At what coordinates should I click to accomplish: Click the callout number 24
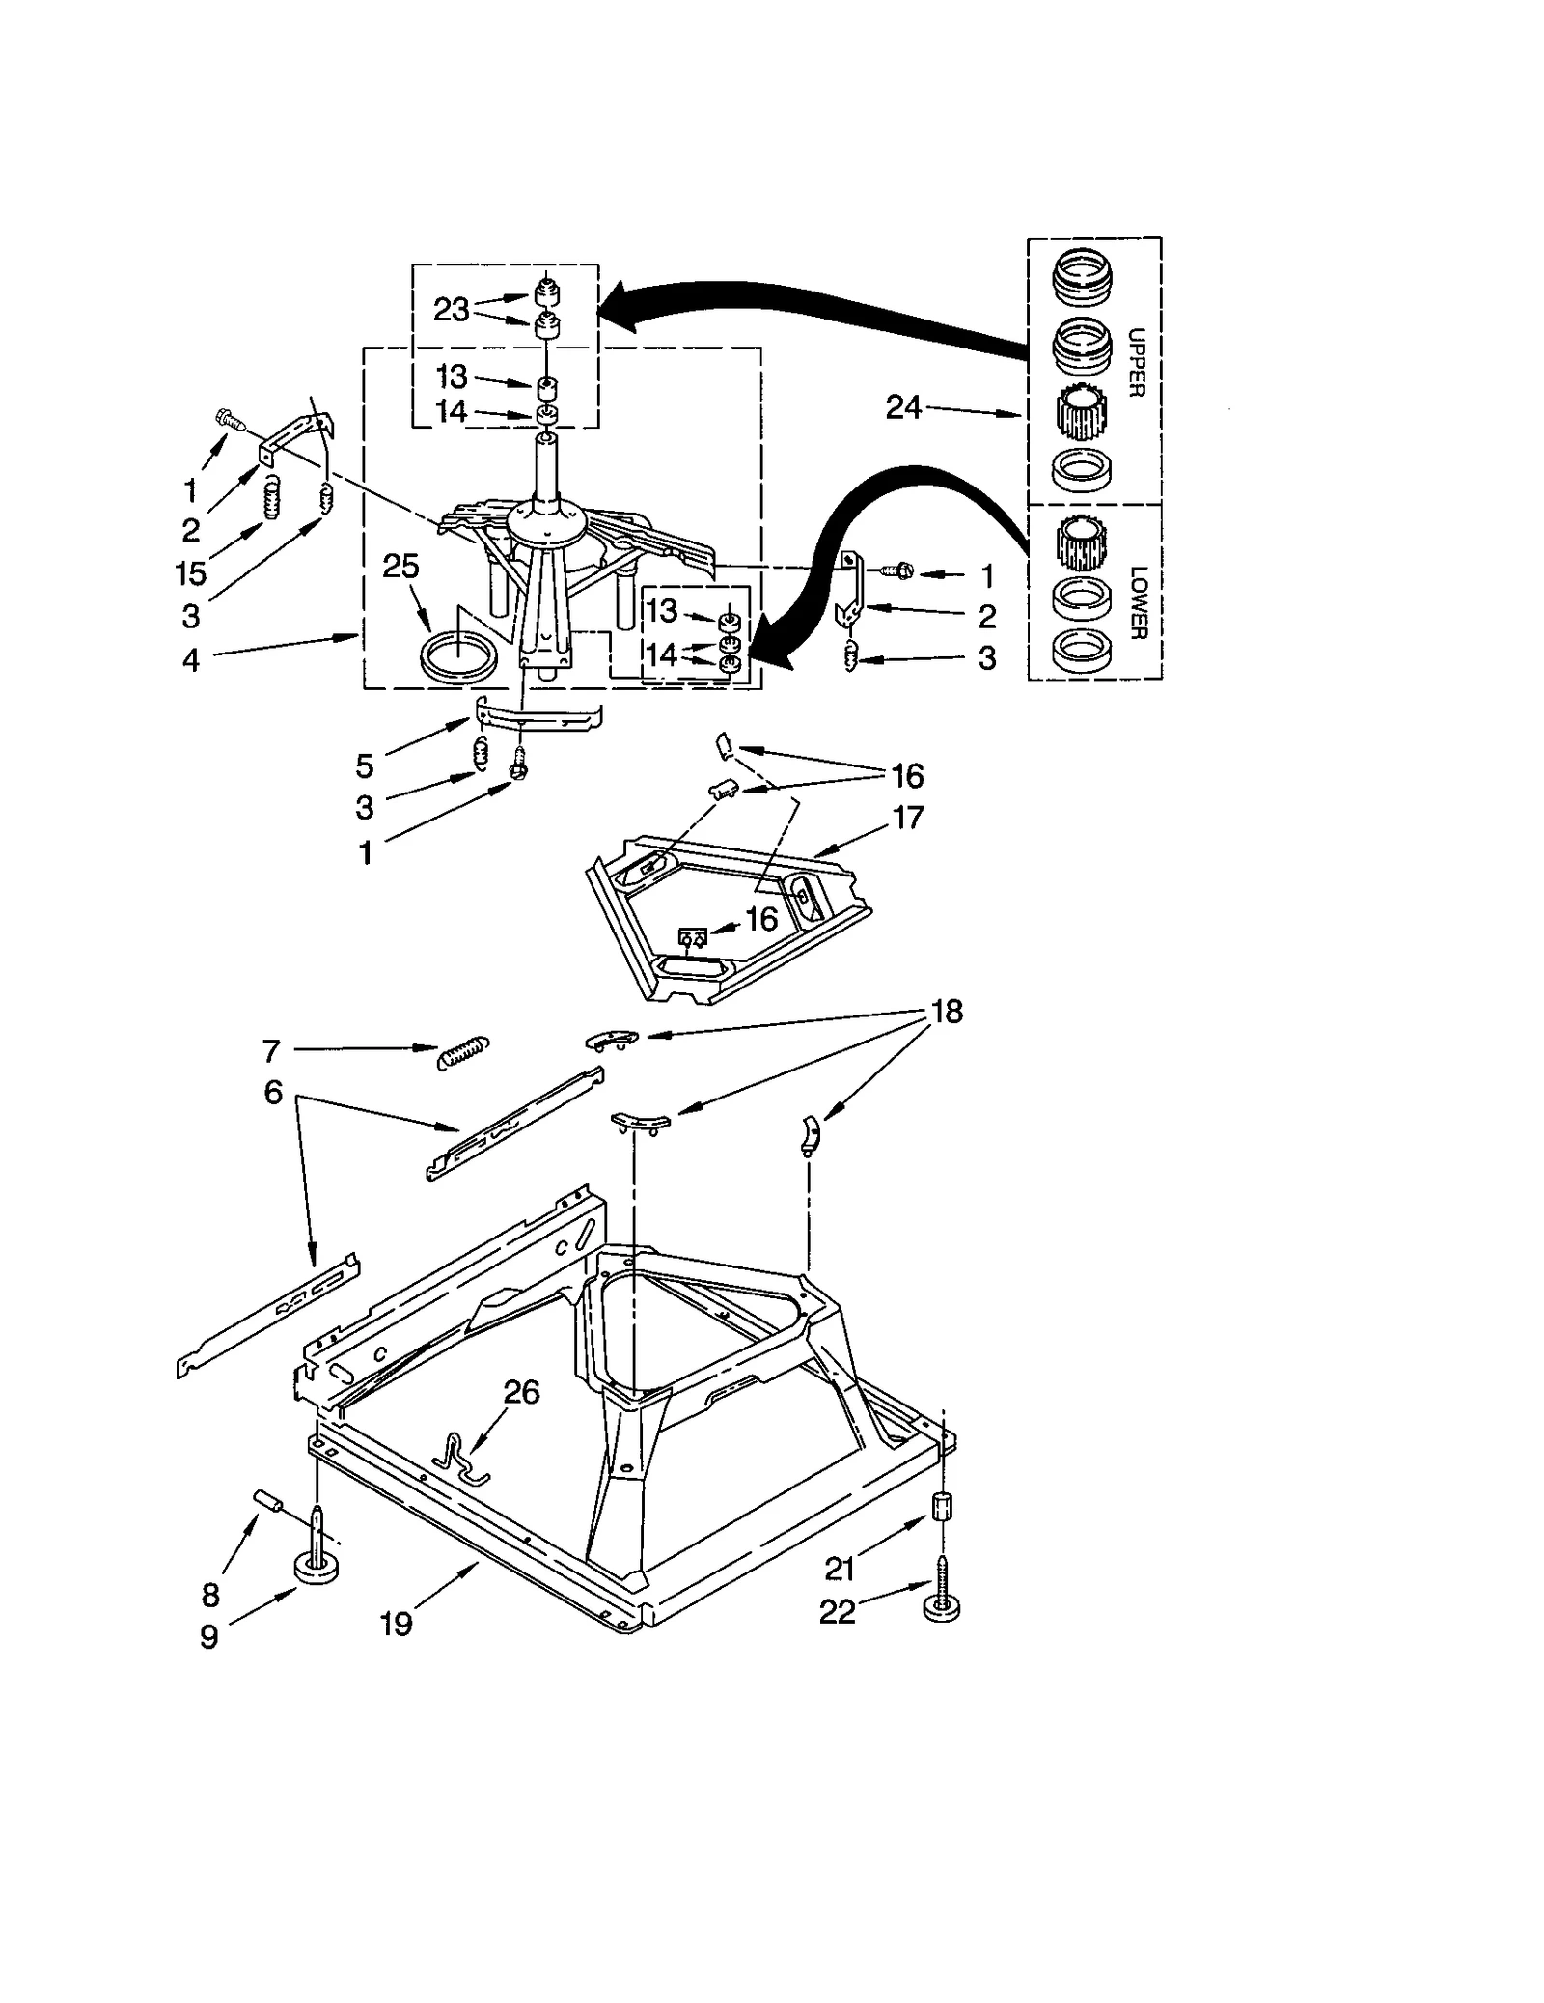pos(903,408)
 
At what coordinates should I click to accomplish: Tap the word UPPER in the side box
pos(1136,362)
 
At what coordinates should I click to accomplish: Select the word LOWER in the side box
pos(1136,601)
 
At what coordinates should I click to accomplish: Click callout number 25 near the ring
pos(400,566)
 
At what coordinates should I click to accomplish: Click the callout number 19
pos(396,1624)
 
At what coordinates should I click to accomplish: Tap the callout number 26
pos(521,1392)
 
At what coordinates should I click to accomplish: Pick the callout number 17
pos(908,818)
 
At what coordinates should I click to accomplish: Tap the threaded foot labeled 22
pos(941,1602)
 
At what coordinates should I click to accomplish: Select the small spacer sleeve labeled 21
pos(941,1508)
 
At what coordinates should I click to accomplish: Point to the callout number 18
pos(947,1012)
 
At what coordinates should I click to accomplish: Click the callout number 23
pos(451,310)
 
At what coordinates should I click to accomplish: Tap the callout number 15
pos(191,573)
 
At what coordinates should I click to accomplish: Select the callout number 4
pos(191,660)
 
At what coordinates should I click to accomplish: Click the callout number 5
pos(364,765)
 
